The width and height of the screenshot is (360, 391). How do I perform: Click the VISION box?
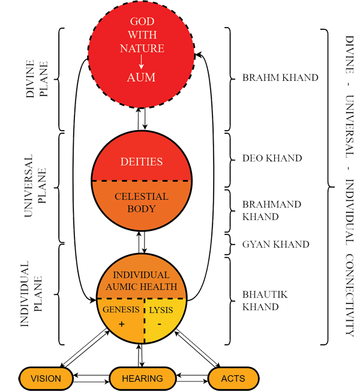point(46,378)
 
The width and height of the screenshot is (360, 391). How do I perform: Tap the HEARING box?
point(143,378)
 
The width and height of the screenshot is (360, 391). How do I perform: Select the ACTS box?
point(233,378)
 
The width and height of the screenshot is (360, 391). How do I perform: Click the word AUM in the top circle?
point(141,78)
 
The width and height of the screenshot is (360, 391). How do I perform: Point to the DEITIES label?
point(141,162)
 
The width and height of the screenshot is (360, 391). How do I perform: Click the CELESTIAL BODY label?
point(141,203)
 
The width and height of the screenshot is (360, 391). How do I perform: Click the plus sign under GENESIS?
point(122,324)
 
